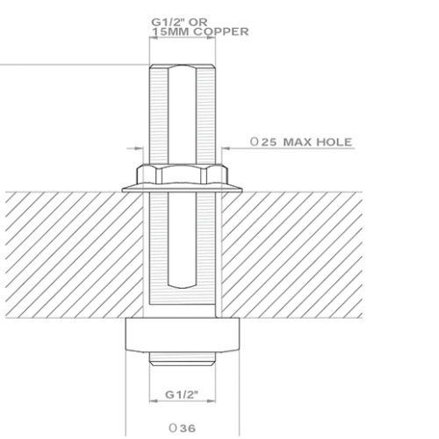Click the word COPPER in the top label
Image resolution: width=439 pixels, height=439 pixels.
[221, 32]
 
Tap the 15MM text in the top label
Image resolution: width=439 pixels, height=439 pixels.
[170, 32]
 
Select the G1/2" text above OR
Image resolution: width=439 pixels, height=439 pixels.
[168, 22]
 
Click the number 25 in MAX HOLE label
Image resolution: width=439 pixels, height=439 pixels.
[269, 142]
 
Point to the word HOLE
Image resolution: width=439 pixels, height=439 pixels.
[335, 142]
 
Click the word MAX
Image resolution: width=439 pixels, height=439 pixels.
[299, 142]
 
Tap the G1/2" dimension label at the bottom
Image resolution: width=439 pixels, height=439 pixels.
[182, 394]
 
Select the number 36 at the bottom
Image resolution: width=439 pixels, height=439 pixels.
[188, 428]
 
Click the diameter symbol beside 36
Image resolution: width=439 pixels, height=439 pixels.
[173, 428]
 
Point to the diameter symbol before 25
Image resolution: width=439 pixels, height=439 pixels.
[255, 142]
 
